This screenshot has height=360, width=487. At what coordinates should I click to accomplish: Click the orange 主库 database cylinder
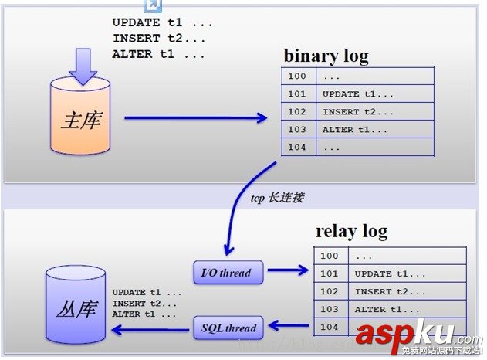click(83, 120)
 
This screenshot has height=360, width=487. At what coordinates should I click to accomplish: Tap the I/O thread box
click(225, 272)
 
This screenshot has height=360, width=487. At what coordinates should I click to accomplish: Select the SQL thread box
click(228, 328)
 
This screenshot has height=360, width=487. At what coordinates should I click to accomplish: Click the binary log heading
click(326, 56)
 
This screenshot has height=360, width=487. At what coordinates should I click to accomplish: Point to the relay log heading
click(351, 231)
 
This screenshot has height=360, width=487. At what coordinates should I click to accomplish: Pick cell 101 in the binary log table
click(297, 94)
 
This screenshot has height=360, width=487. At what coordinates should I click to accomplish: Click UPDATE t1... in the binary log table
click(351, 94)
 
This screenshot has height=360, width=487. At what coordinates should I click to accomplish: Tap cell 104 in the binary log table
click(297, 148)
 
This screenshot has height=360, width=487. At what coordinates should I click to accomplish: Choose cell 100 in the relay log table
click(330, 256)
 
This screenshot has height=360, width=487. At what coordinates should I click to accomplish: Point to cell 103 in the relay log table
click(330, 310)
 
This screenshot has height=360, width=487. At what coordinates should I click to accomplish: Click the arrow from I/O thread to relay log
click(288, 271)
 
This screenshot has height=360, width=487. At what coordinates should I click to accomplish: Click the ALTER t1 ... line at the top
click(158, 54)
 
